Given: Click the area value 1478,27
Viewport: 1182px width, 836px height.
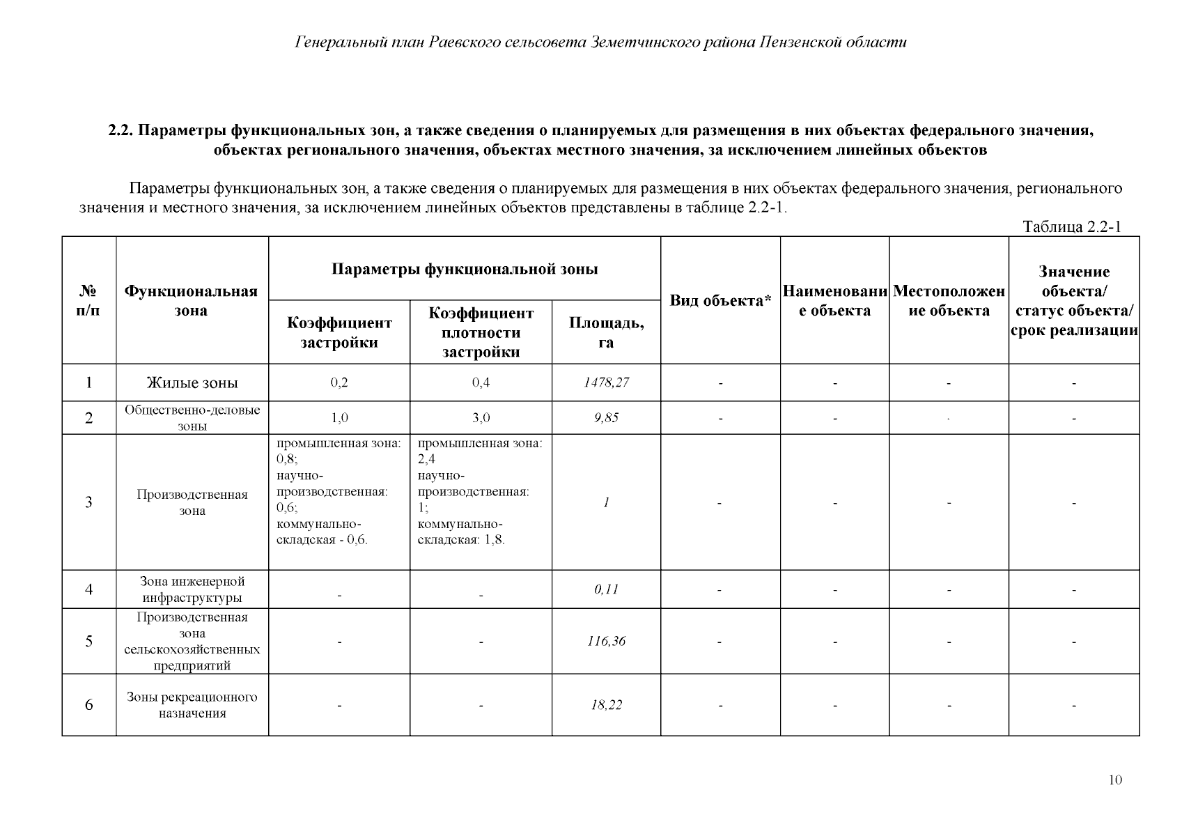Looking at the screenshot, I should [606, 382].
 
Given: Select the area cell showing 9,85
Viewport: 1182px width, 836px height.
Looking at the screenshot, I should [606, 418].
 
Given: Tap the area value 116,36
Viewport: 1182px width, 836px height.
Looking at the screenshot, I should [606, 642].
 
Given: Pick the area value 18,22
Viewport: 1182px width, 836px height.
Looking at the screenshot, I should [606, 705].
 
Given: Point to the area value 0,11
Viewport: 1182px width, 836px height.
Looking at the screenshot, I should [606, 589].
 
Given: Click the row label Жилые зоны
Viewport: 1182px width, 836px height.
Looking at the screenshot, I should [192, 382].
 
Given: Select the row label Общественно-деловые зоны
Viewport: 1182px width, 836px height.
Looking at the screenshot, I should [192, 417].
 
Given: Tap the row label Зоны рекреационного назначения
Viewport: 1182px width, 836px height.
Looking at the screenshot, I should [192, 705].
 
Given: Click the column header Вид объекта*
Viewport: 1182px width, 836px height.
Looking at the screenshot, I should [720, 301].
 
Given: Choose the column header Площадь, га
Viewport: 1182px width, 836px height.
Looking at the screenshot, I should [606, 332].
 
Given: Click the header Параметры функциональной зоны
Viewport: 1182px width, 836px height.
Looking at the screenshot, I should [465, 269].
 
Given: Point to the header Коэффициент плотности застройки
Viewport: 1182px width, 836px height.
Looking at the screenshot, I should [481, 332].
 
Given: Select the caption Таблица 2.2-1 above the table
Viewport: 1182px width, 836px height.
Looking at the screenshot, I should [1071, 227].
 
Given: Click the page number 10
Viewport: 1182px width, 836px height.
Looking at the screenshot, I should [1115, 780].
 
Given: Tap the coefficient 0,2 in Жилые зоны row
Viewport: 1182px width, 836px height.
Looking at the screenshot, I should [339, 382].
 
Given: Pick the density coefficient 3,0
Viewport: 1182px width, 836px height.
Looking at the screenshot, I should [481, 418].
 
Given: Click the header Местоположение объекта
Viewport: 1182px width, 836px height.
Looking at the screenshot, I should [949, 301].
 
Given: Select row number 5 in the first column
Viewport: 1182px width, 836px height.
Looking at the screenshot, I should [88, 642].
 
